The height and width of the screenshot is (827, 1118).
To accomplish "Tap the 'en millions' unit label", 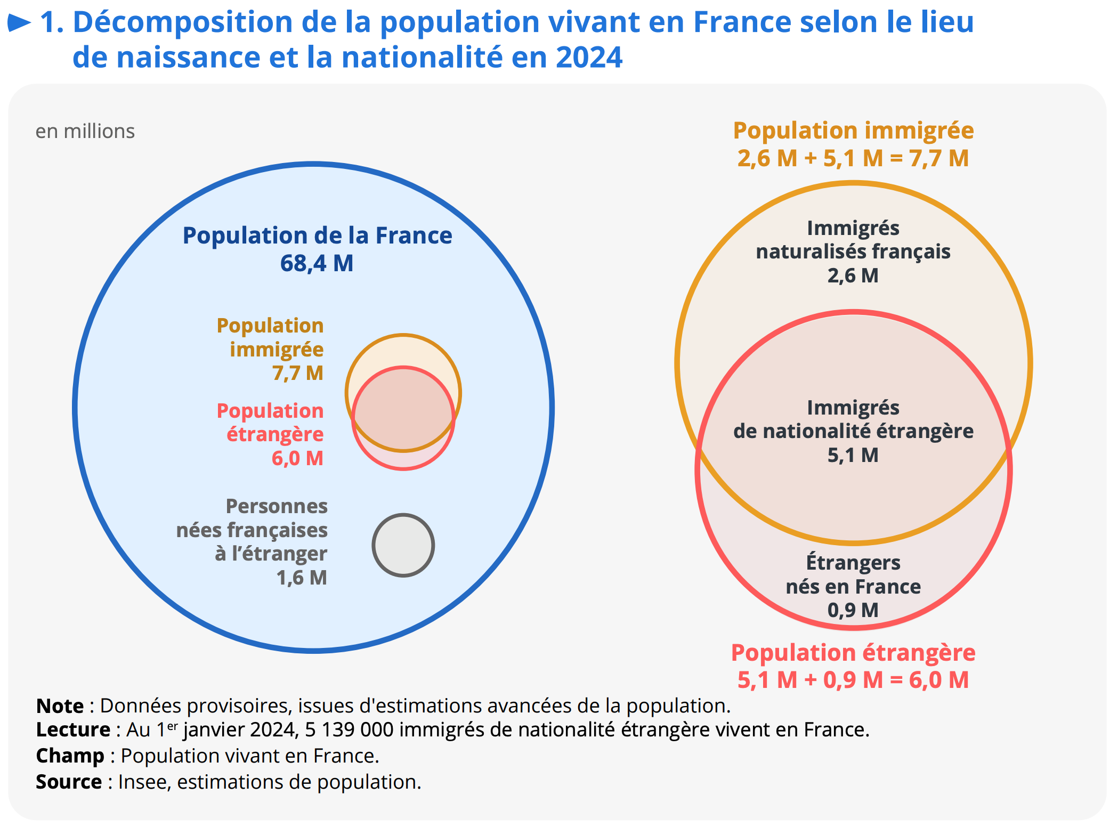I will (x=85, y=131).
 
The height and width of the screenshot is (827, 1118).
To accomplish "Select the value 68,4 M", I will (x=317, y=263).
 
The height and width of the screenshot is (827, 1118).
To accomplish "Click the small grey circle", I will (x=403, y=545).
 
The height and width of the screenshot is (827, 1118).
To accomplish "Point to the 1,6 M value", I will (x=302, y=578).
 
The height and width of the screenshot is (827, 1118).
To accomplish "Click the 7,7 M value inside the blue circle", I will (x=298, y=373).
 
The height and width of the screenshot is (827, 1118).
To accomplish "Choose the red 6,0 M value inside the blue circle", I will (x=298, y=458).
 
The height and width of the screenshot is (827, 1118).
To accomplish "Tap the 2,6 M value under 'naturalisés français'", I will (x=853, y=275).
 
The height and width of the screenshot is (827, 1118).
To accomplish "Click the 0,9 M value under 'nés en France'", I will (x=853, y=610).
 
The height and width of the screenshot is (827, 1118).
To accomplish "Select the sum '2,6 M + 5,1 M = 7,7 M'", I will (x=853, y=158).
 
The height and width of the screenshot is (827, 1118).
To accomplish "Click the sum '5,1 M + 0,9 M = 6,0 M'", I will (x=853, y=680).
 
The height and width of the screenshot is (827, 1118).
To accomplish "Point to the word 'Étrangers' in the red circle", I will (x=853, y=563).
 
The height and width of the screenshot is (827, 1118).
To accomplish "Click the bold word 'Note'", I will (x=60, y=706).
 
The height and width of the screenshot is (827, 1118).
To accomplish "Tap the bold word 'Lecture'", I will (x=73, y=729).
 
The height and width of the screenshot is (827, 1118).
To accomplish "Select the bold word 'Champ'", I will (x=70, y=756).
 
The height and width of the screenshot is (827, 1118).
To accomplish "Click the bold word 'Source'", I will (x=69, y=782).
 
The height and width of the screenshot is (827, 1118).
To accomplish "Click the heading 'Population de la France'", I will (x=317, y=236).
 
